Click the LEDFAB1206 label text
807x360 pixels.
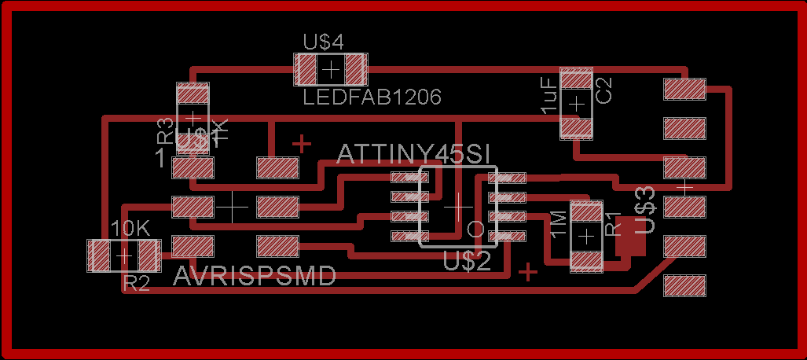coord(372,97)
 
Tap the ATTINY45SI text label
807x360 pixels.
coord(414,154)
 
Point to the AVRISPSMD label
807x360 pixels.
coord(255,277)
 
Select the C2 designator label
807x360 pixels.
coord(604,90)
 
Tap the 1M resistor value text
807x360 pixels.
coord(559,225)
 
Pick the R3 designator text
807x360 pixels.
coord(165,130)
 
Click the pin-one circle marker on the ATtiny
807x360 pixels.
coord(475,229)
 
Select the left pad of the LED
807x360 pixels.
coord(306,69)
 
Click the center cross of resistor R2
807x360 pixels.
coord(123,255)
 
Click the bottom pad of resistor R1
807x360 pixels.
coord(586,260)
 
